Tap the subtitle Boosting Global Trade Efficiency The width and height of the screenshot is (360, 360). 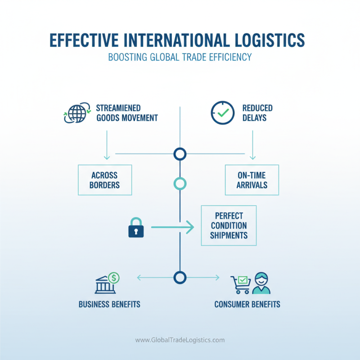coord(180,58)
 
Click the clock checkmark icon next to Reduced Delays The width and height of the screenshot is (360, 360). coord(222,113)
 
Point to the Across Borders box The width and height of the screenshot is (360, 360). coord(105,180)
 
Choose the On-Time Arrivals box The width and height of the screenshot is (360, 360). coord(252,180)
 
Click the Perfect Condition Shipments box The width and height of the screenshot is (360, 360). coord(229,225)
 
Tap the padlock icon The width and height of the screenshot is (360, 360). coord(135,228)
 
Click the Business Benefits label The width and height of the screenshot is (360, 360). coord(109,304)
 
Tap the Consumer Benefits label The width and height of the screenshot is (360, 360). coord(247,304)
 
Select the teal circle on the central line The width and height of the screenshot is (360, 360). coord(180,184)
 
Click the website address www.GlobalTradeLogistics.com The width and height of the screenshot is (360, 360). coord(180,340)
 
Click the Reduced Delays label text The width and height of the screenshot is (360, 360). coord(257,113)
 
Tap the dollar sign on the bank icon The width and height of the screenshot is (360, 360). coord(114,278)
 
